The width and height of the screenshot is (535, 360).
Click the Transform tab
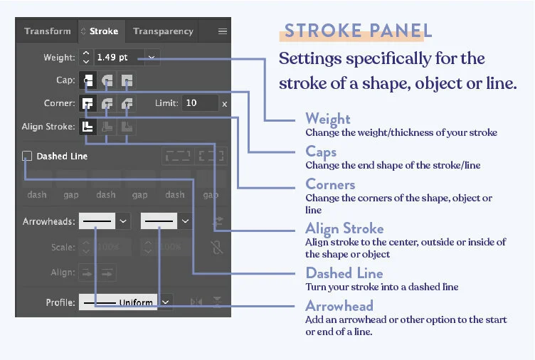[x=48, y=31]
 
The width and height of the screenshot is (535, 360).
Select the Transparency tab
[x=163, y=31]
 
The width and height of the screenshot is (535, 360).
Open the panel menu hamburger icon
[x=222, y=31]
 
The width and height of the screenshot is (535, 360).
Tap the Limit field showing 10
[x=198, y=103]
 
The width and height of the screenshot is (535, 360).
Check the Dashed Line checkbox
[x=27, y=156]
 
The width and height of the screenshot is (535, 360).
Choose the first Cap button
[x=88, y=80]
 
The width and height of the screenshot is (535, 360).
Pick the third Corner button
[x=127, y=104]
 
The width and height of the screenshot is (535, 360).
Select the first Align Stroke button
[x=88, y=127]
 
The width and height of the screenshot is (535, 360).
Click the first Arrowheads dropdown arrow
[x=123, y=222]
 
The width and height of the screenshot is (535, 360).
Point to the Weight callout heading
[x=328, y=118]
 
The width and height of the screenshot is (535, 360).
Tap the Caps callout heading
[x=321, y=152]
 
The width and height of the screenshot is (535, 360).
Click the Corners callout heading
[x=330, y=184]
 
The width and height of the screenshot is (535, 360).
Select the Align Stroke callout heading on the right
[x=344, y=228]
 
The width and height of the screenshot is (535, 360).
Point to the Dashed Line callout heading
[x=344, y=273]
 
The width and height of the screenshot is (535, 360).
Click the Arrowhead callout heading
[x=339, y=306]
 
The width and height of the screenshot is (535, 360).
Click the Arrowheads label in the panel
[x=48, y=222]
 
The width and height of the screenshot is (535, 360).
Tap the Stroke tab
[x=100, y=31]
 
